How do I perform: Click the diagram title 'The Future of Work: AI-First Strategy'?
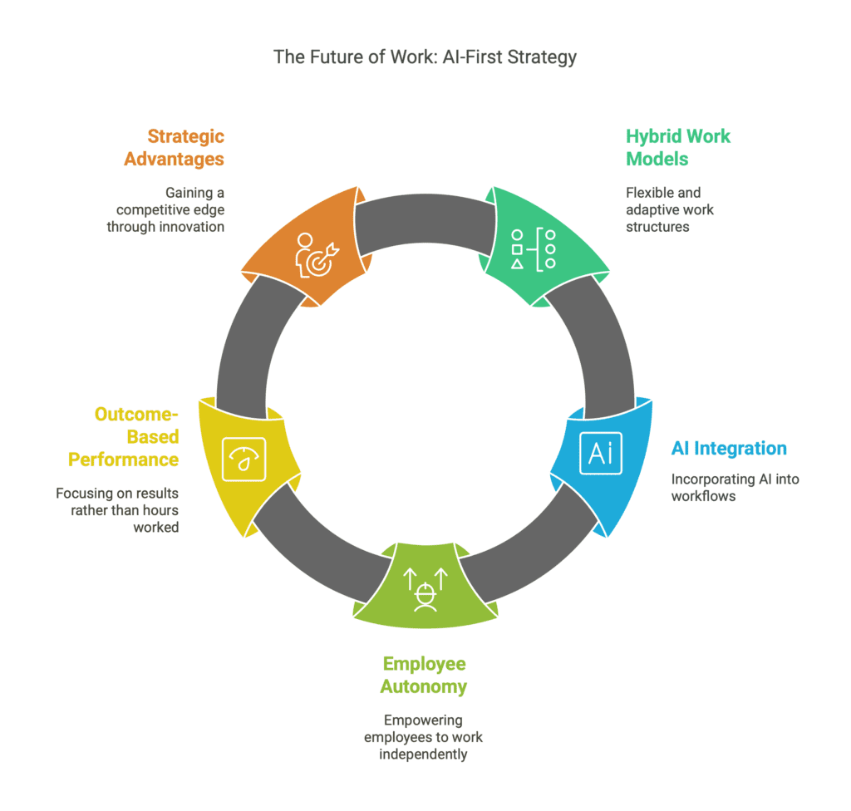pos(425,57)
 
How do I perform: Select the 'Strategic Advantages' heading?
pos(175,148)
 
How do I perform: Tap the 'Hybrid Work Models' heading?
pos(678,148)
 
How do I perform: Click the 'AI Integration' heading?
pos(729,449)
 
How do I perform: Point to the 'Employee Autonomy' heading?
pos(424,676)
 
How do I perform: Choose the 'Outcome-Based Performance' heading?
pos(124,437)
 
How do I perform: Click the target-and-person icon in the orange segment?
pos(317,254)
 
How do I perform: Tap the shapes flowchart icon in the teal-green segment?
pos(534,249)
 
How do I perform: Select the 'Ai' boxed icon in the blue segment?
pos(601,453)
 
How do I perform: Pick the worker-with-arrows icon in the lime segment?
pos(425,590)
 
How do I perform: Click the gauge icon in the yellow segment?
pos(244,460)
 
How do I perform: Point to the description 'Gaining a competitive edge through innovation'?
pos(165,209)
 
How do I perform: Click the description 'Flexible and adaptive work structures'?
pos(670,209)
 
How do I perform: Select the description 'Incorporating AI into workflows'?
pos(735,488)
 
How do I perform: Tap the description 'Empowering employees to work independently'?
pos(423,737)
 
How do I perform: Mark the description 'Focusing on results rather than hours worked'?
pos(117,510)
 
